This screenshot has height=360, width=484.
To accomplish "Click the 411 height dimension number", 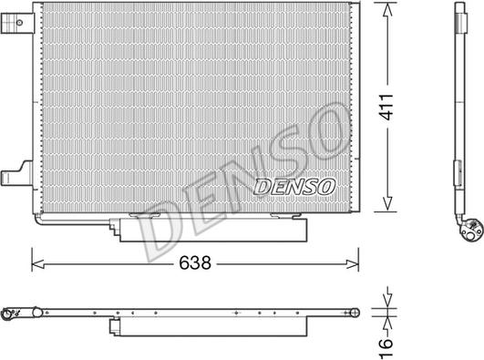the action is coord(386,108).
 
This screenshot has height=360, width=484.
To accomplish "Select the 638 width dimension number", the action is coord(195,263).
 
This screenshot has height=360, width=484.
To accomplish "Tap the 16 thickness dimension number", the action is coord(386,348).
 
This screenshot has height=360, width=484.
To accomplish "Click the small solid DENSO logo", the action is coord(294,187).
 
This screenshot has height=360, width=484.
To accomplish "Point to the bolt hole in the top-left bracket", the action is coord(19,23).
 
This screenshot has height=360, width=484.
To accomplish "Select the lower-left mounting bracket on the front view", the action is coord(17,174).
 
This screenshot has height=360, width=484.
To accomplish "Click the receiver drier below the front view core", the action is coord(209,230).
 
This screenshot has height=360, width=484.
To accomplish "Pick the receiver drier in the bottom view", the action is coord(209,326).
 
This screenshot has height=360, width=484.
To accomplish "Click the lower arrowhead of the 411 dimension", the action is coord(387,204).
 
